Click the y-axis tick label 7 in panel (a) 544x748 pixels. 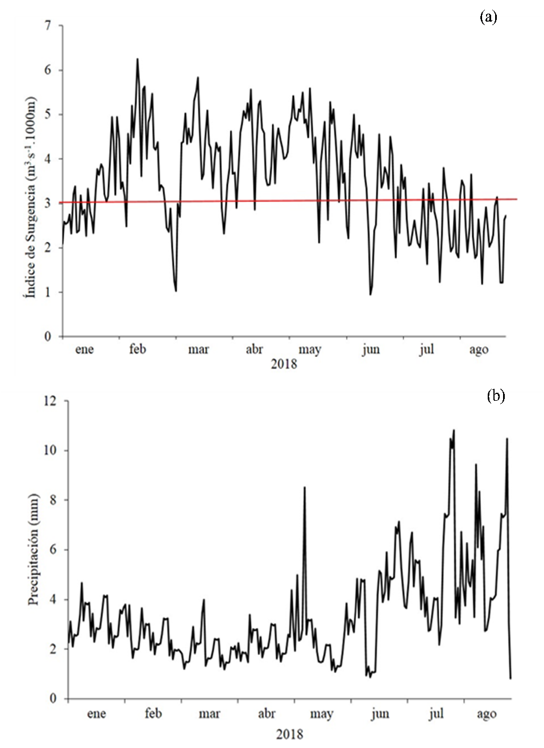coord(48,26)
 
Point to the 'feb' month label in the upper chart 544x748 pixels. coord(138,349)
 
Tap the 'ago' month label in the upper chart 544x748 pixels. coord(479,349)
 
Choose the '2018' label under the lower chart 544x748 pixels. coord(290,734)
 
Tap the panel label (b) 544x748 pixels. coord(496,397)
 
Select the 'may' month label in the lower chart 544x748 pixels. coord(321,714)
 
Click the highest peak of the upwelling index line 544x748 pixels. coord(137,59)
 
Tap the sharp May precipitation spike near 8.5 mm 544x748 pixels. coord(305,487)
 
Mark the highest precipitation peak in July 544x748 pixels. coord(454,430)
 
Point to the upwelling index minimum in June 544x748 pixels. coord(370,294)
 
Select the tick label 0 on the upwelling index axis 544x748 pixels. coord(48,336)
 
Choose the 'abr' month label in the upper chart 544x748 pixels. coord(254,349)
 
